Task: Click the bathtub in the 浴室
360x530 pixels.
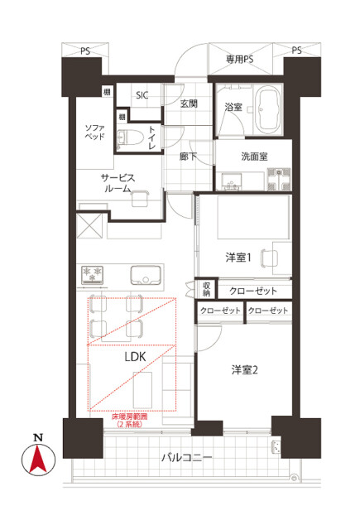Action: coord(268,109)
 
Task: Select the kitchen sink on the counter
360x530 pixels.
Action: coord(146,275)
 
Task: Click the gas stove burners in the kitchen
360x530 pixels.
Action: coord(92,274)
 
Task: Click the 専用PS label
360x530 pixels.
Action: coord(239,60)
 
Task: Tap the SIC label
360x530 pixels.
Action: coord(142,95)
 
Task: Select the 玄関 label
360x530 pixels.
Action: coord(189,104)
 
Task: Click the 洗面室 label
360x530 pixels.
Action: coord(254,157)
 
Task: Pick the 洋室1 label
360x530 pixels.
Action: coord(238,258)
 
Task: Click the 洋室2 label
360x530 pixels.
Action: coord(244,370)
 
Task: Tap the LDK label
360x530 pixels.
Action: coord(135,357)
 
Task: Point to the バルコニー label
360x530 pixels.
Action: coord(187,458)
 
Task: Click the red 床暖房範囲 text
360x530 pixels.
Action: coord(130,417)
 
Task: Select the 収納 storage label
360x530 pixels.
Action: coord(206,289)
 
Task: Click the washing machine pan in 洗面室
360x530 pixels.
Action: coord(279,179)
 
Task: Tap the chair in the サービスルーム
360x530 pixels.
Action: coord(140,198)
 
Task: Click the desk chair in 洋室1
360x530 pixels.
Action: coord(269,258)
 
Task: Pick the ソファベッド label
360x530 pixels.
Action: coord(94,132)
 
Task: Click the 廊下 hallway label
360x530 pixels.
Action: coord(188,157)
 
